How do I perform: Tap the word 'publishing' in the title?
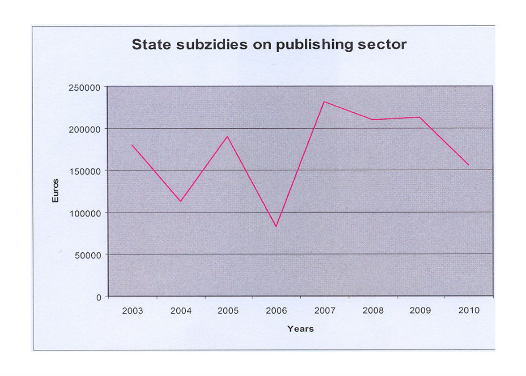tap(310, 44)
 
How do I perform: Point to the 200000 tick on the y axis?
tap(86, 129)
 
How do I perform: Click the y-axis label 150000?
tap(86, 171)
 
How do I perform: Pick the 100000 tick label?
tap(86, 213)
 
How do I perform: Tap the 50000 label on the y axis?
tap(88, 255)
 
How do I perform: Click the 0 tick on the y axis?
tap(99, 297)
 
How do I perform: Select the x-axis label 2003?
tap(132, 311)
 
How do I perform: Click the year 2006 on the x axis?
tap(277, 311)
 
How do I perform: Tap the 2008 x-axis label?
tap(372, 311)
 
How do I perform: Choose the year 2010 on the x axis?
tap(468, 311)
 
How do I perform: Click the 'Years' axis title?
tap(300, 329)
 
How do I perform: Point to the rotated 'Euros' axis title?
tap(56, 191)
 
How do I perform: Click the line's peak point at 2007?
tap(324, 102)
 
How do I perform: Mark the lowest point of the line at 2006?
tap(276, 226)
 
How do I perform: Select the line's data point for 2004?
tap(180, 201)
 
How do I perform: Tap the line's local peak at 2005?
tap(228, 136)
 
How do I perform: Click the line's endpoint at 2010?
tap(468, 165)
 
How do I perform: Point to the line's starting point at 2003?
tap(132, 145)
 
